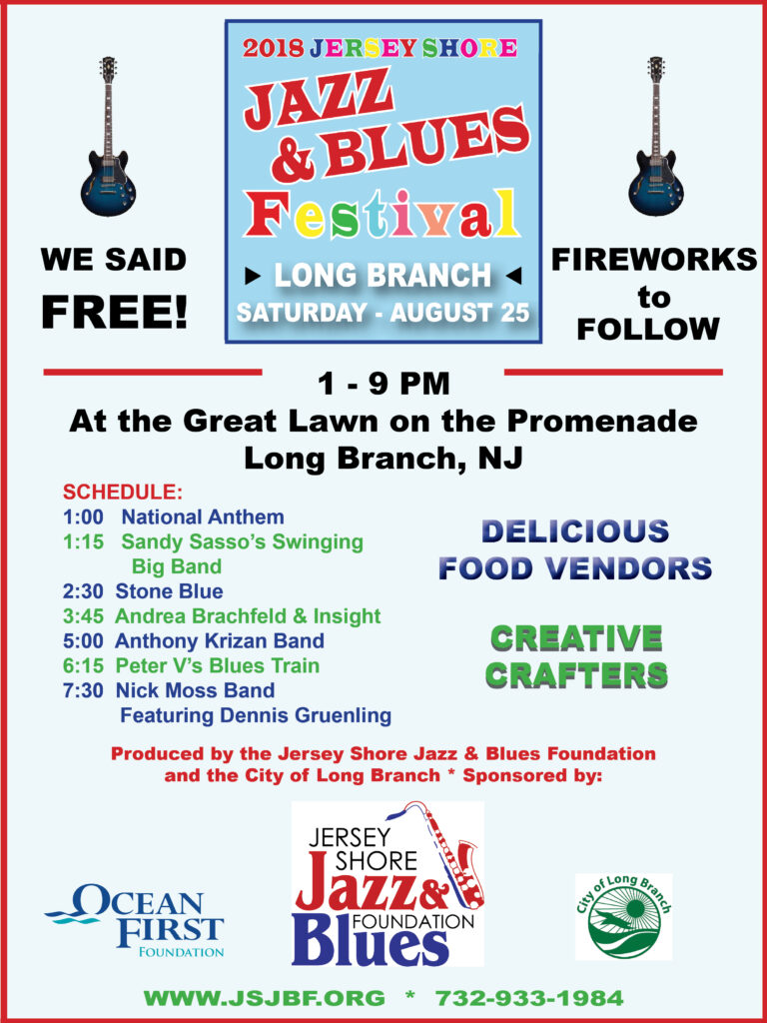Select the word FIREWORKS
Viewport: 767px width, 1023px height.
(654, 260)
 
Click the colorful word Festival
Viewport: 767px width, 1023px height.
(383, 213)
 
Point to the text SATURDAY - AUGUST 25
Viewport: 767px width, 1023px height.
(383, 313)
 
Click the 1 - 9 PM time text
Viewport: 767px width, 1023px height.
(383, 383)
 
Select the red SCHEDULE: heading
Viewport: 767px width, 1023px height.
(123, 493)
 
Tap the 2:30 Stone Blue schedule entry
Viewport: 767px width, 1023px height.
(143, 591)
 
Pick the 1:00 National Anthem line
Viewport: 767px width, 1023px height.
(173, 517)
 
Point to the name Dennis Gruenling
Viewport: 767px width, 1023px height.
(321, 715)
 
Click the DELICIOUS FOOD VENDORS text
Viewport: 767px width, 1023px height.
(575, 549)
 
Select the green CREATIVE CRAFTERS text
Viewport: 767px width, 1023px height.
(577, 656)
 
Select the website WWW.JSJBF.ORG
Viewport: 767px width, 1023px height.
(265, 998)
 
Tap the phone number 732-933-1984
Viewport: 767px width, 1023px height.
(528, 998)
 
